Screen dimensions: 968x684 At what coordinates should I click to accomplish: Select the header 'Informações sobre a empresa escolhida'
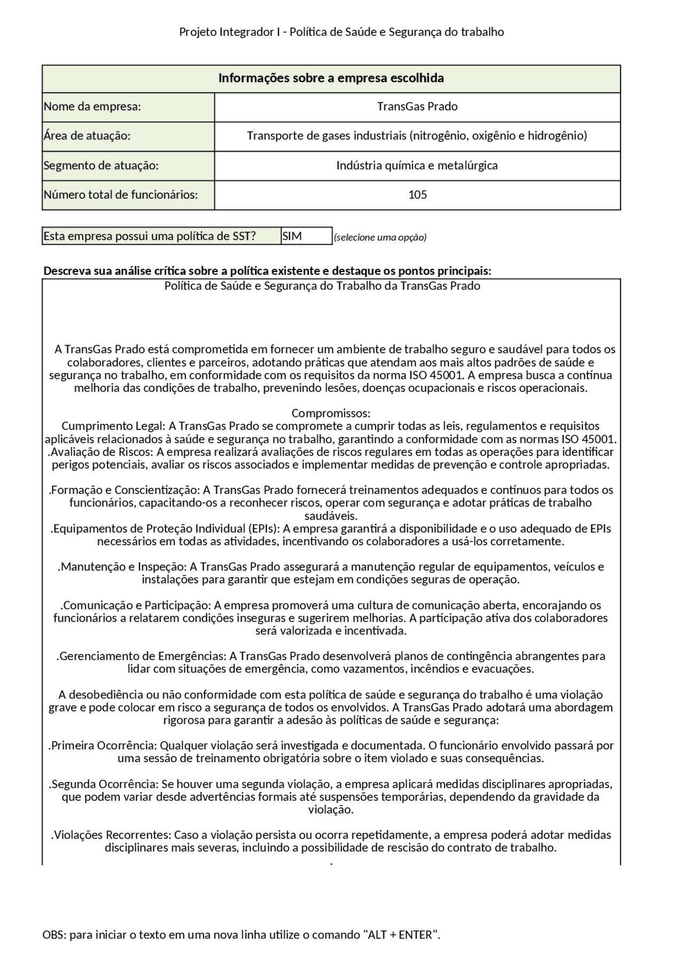(331, 79)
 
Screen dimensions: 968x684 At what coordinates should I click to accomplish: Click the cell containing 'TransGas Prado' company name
(417, 106)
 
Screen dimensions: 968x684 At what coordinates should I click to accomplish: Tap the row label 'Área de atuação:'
(87, 136)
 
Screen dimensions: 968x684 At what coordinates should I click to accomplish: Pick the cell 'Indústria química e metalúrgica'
(417, 165)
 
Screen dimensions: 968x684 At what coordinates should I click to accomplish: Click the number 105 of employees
(417, 195)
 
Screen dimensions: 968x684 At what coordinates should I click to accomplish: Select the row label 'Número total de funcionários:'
(121, 195)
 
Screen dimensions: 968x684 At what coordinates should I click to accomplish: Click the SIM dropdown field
(306, 236)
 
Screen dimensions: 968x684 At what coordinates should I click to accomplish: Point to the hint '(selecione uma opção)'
(380, 237)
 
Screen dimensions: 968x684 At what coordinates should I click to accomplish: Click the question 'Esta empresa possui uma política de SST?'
(150, 236)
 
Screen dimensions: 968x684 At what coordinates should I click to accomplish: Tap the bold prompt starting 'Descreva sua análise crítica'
(267, 270)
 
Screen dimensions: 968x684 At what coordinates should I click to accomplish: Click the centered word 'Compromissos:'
(331, 413)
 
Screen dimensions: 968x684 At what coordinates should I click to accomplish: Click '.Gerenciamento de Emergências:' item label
(142, 656)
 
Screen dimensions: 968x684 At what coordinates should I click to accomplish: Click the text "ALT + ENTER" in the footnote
(400, 935)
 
